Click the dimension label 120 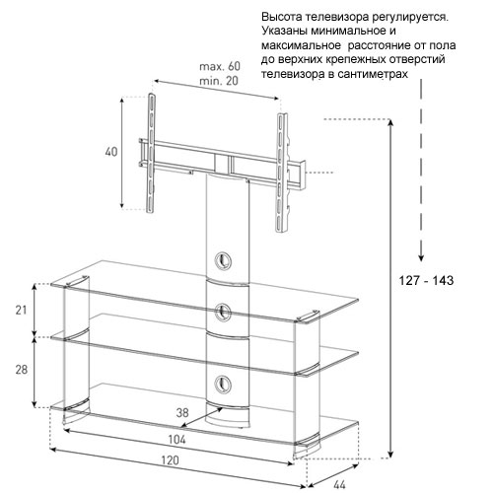click(x=170, y=459)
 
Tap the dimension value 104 click(x=176, y=439)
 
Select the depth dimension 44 click(x=339, y=484)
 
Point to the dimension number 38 click(x=182, y=412)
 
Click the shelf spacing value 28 click(x=22, y=370)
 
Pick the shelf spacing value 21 click(x=21, y=310)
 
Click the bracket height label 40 click(x=111, y=152)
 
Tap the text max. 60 click(x=220, y=66)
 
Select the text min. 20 click(x=219, y=81)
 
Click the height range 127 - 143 click(x=426, y=280)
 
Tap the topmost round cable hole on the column click(x=223, y=261)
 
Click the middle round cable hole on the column click(x=223, y=311)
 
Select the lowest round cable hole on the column click(x=223, y=384)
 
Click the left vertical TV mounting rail click(x=151, y=154)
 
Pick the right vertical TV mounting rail click(x=282, y=174)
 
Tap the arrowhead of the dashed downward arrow click(x=421, y=257)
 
